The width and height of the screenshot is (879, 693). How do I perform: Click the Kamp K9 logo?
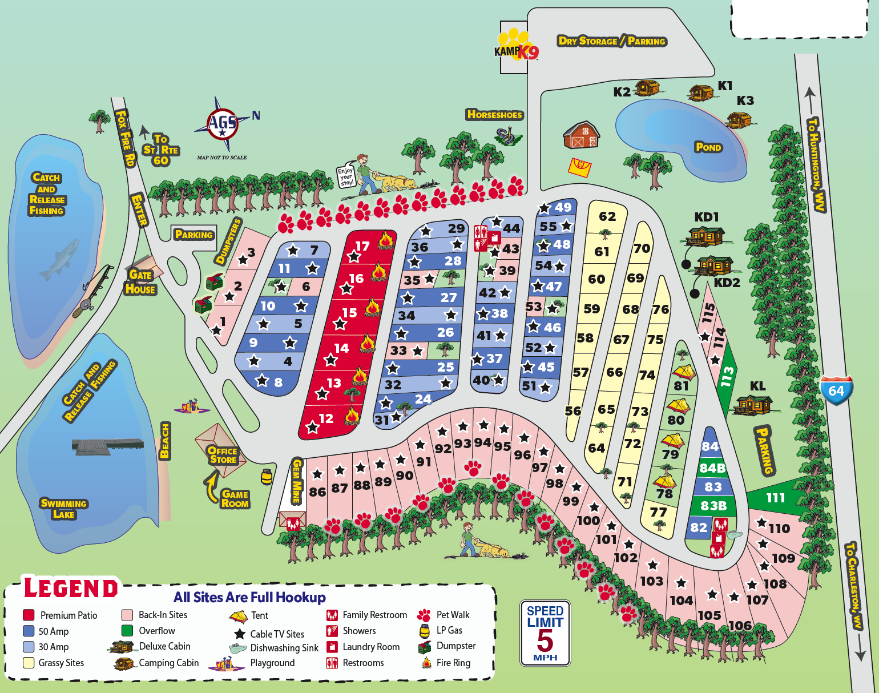[x=517, y=46]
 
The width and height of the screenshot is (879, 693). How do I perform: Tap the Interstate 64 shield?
[x=836, y=390]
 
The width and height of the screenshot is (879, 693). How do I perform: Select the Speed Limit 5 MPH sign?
[x=545, y=632]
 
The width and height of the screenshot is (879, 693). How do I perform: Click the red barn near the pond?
[x=581, y=135]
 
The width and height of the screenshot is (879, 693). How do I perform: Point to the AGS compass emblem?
[x=223, y=124]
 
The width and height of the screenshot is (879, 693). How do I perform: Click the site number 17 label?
[x=362, y=246]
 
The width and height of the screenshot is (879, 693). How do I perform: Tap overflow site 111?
[x=775, y=498]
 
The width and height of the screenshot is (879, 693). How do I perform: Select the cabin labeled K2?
[x=647, y=88]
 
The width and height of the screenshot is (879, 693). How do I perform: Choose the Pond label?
[x=708, y=147]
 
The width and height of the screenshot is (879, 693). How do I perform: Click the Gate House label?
[x=140, y=282]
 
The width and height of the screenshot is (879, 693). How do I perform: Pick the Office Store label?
[x=223, y=455]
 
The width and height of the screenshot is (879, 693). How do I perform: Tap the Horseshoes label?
[x=494, y=115]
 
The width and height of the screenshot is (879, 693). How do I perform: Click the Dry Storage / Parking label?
[x=612, y=41]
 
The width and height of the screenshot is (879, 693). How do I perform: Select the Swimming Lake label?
[x=63, y=509]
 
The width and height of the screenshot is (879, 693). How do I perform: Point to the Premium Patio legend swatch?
[x=29, y=615]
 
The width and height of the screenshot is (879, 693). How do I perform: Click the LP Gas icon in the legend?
[x=424, y=631]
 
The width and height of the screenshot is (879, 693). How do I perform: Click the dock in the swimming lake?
[x=107, y=445]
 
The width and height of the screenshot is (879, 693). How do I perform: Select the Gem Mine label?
[x=296, y=481]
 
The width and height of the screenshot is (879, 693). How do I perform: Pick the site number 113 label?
[x=727, y=377]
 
